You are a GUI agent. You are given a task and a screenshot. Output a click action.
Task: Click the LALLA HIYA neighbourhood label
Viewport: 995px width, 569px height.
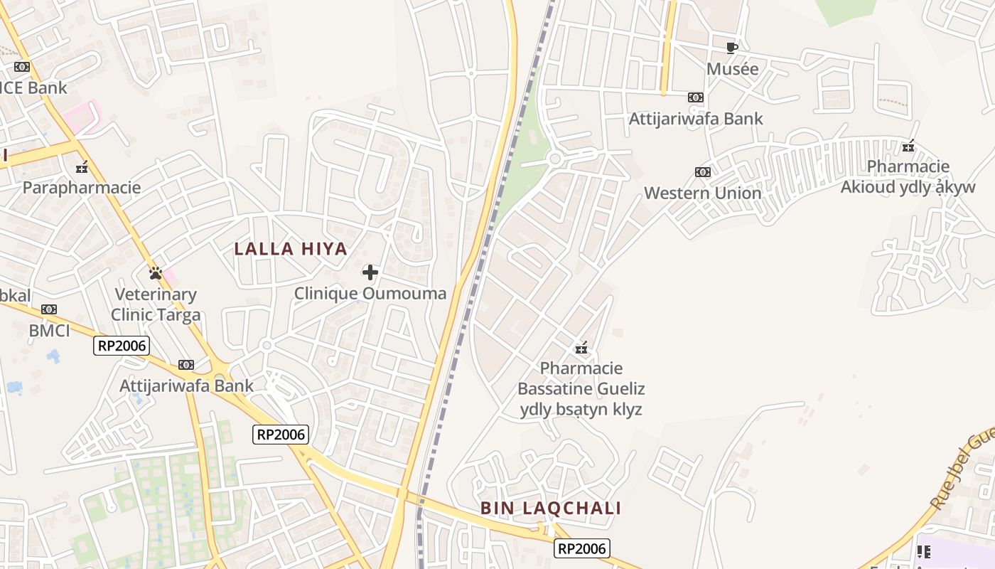(291, 249)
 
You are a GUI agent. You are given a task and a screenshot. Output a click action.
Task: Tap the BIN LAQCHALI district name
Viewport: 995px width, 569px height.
(551, 508)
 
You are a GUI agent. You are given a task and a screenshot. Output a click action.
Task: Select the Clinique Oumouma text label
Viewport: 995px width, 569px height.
(370, 293)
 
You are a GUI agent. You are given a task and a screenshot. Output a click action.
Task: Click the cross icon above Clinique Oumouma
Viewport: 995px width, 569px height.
(370, 272)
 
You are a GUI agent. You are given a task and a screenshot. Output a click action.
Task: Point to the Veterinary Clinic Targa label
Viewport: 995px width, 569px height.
(156, 304)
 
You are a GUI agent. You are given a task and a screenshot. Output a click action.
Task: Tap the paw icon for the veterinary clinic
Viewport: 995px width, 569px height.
(156, 272)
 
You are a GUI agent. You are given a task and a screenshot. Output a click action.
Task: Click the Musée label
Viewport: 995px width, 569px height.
(732, 69)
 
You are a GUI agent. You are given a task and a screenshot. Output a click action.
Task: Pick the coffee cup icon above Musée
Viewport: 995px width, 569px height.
(731, 48)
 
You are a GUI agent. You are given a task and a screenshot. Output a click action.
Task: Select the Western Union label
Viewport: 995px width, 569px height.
(702, 193)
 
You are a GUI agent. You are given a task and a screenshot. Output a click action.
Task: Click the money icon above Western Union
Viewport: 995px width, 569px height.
(702, 172)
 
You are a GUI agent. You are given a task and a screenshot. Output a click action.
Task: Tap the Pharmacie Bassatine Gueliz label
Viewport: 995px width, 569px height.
(581, 388)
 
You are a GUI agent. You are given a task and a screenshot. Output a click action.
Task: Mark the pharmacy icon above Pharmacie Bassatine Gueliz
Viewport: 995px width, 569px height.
(581, 348)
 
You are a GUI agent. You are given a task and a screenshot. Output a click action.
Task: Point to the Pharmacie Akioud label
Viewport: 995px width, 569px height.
(908, 176)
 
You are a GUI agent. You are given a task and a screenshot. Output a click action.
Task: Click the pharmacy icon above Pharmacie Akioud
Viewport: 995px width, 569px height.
(908, 147)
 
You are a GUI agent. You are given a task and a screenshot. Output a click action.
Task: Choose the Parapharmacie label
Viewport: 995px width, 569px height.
(82, 188)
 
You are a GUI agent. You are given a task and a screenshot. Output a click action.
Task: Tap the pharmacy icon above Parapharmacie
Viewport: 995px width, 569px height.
(82, 167)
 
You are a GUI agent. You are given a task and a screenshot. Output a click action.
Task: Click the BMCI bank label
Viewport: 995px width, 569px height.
(49, 330)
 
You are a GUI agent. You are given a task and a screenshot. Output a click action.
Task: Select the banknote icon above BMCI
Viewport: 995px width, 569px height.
(49, 309)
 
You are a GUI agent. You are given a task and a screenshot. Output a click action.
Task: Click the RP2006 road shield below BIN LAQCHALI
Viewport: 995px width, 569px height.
(582, 548)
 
